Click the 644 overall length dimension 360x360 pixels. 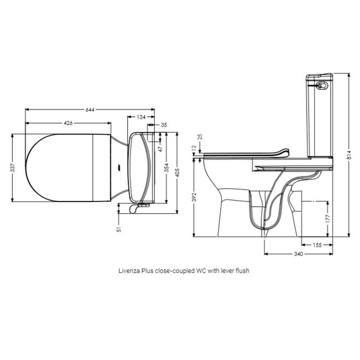90,110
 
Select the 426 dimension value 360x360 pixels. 68,123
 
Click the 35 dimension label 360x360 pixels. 164,125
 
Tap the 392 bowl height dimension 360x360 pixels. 193,197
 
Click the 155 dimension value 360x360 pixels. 317,245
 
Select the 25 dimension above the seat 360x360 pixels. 200,137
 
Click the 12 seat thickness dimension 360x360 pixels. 193,148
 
